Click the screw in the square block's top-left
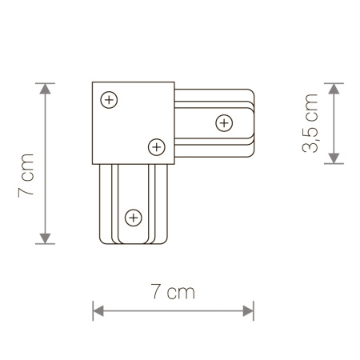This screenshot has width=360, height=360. [x=110, y=99]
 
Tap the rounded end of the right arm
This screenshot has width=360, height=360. [x=254, y=123]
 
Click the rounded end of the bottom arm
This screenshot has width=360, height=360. [x=134, y=242]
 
